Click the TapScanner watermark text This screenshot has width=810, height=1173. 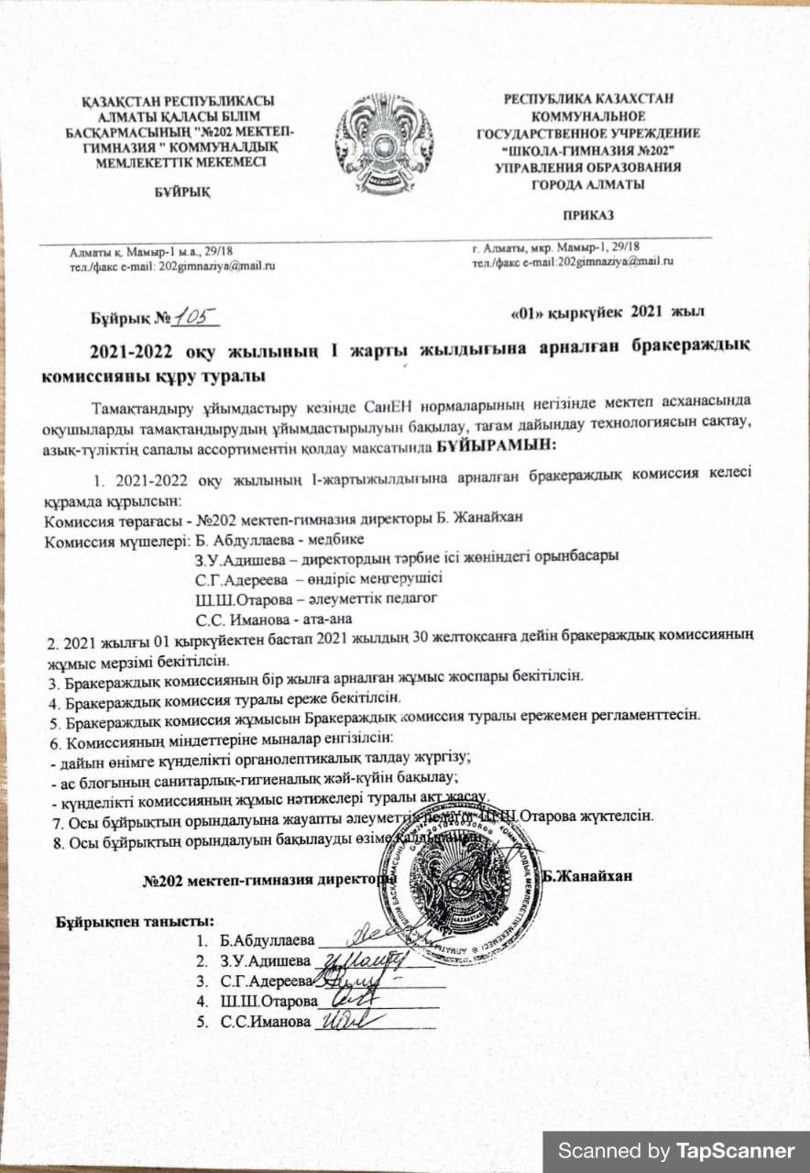click(676, 1151)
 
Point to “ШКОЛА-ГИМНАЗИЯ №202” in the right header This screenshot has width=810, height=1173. click(588, 149)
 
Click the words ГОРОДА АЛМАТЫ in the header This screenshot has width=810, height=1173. click(587, 184)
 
